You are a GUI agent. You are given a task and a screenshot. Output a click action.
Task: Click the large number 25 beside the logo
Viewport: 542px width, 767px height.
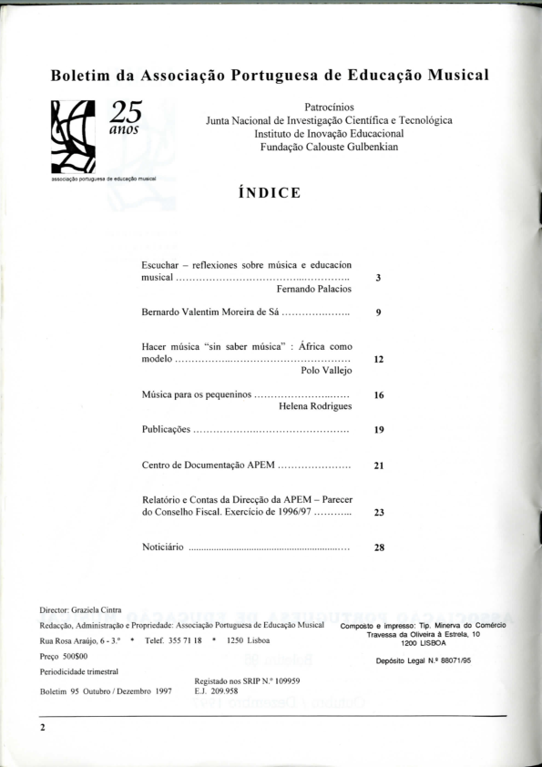pyautogui.click(x=128, y=112)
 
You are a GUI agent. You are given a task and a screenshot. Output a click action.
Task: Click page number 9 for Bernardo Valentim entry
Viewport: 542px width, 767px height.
pyautogui.click(x=378, y=312)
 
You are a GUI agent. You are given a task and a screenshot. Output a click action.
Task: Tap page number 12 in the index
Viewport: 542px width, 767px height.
pyautogui.click(x=378, y=360)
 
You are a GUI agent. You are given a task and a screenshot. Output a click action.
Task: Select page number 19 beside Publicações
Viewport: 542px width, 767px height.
pyautogui.click(x=378, y=430)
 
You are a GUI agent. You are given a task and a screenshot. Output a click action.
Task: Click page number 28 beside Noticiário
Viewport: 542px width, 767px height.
pyautogui.click(x=378, y=548)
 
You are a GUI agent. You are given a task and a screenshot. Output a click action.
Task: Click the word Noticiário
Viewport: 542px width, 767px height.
pyautogui.click(x=164, y=548)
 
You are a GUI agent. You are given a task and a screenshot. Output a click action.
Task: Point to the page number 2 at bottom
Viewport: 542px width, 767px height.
pyautogui.click(x=42, y=727)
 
